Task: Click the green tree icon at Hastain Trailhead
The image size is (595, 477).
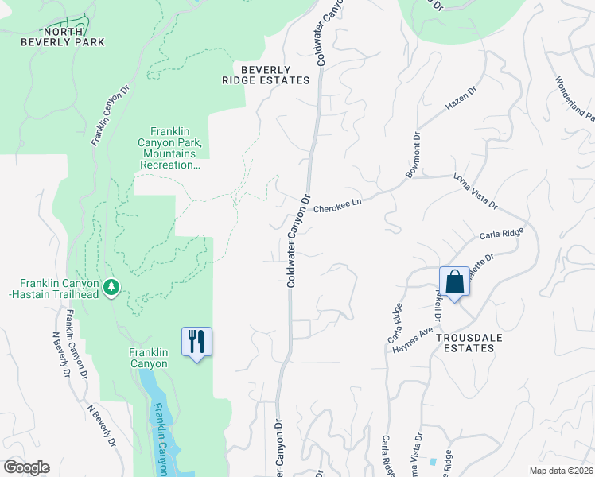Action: [112, 287]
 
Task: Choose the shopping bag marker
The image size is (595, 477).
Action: [454, 281]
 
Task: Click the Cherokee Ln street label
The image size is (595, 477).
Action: [337, 205]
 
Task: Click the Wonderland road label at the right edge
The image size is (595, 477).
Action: [574, 99]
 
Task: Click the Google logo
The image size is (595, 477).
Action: [26, 467]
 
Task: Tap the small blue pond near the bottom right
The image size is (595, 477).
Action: [432, 462]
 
